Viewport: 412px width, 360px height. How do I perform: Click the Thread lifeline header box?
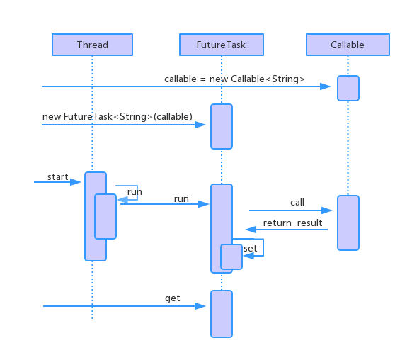tap(92, 45)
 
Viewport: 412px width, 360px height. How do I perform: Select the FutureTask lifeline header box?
tap(221, 45)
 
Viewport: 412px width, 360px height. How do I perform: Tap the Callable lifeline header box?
tap(348, 45)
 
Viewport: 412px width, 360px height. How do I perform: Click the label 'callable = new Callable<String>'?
tap(234, 79)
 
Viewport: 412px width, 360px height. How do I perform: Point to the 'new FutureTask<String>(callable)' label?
tap(117, 116)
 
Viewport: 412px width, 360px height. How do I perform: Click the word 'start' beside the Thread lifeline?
tap(57, 176)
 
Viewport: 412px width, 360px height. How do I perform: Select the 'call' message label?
tap(297, 202)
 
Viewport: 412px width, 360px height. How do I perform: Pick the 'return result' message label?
tap(292, 223)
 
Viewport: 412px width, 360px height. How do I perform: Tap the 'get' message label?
tap(173, 298)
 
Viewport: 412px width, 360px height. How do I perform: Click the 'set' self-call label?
tap(251, 248)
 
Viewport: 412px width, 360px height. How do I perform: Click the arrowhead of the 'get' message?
tap(202, 306)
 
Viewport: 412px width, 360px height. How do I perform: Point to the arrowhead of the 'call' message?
tap(328, 210)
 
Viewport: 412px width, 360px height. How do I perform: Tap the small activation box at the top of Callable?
tap(348, 89)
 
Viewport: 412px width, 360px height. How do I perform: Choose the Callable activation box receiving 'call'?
tap(348, 223)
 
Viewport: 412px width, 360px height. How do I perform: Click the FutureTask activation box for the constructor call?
tap(222, 126)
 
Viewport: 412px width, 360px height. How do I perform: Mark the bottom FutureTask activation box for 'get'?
tap(222, 313)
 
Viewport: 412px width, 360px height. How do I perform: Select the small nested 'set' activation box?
tap(231, 257)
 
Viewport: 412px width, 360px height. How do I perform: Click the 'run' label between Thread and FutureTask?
tap(181, 199)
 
